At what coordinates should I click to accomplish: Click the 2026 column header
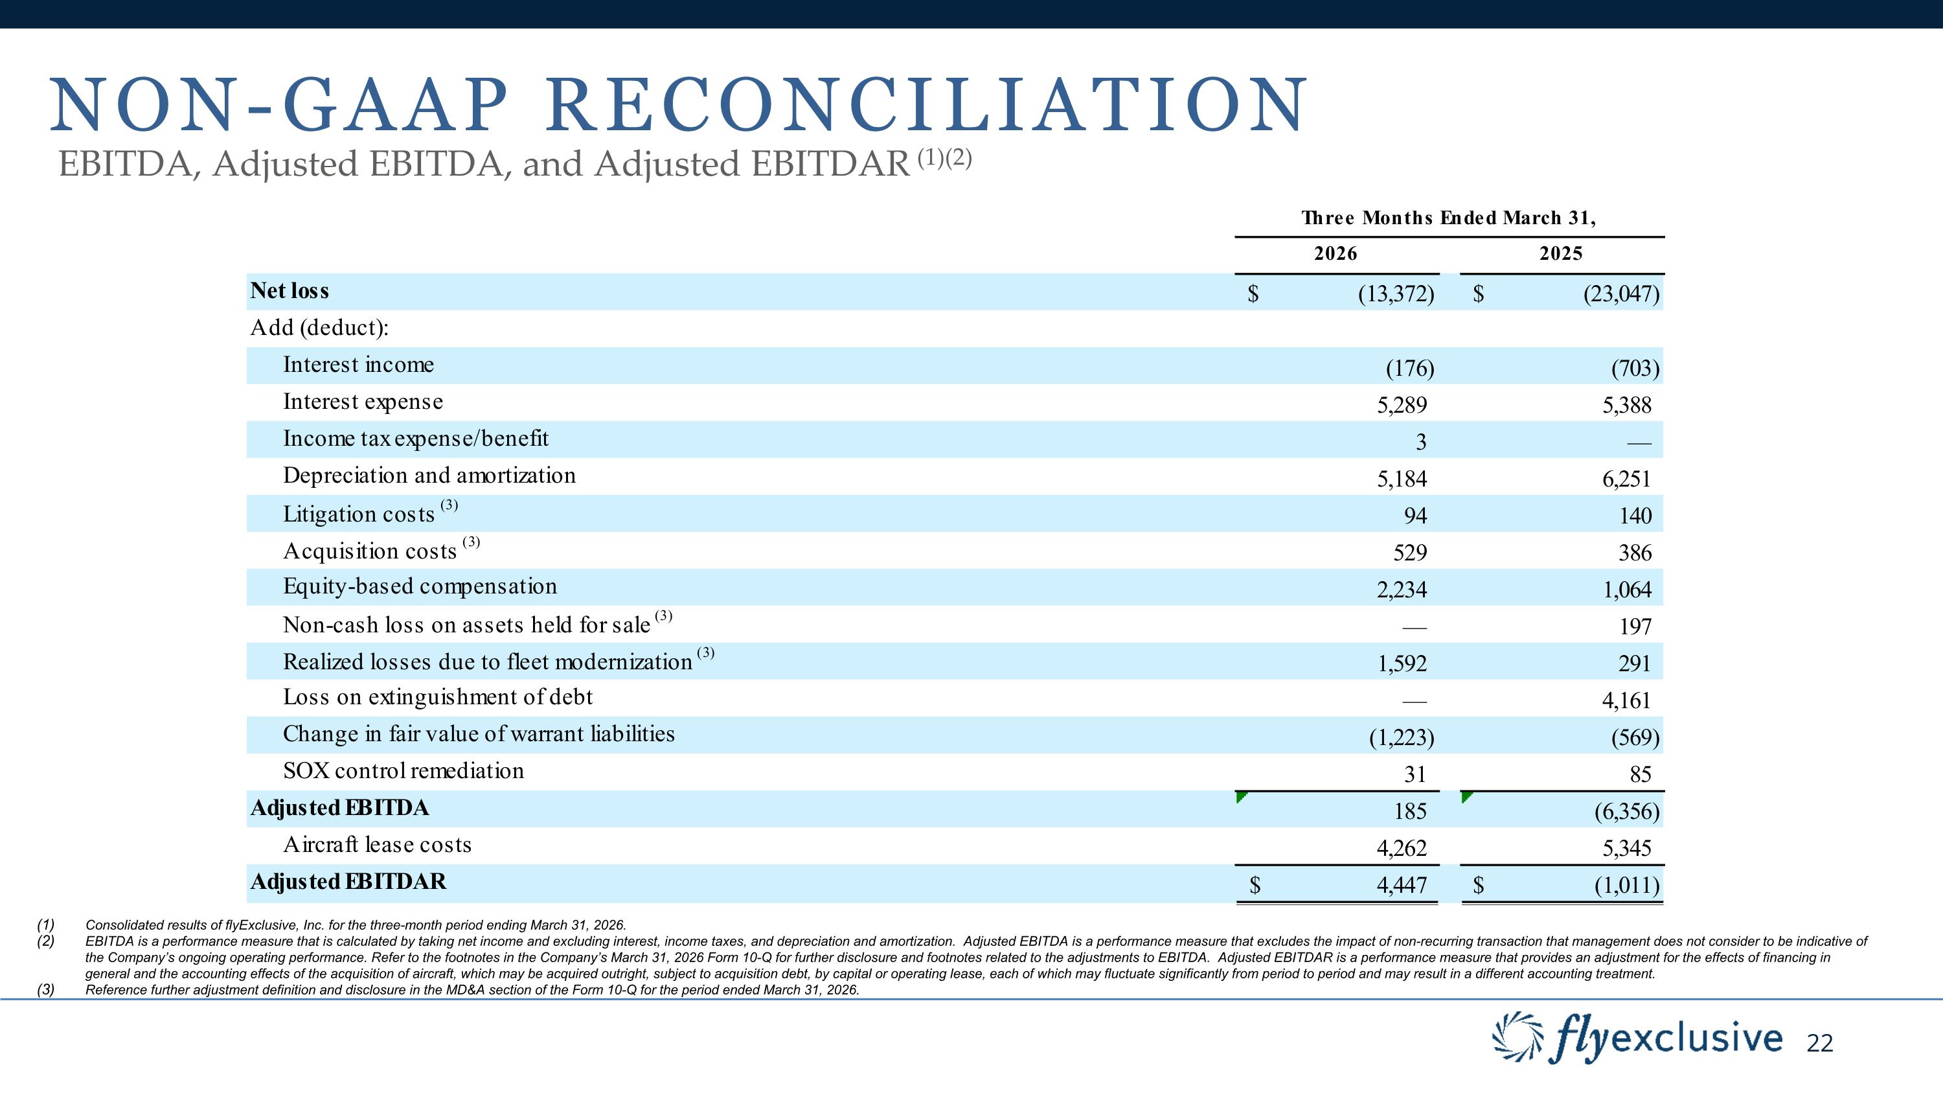coord(1335,253)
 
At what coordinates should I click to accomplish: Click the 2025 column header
coord(1561,253)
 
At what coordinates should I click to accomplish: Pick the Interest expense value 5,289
coord(1402,406)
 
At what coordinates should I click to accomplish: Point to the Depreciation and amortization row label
coord(429,475)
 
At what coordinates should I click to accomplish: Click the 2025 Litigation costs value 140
coord(1635,516)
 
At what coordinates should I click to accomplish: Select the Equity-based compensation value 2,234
coord(1402,590)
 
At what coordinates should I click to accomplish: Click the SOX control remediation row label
coord(403,771)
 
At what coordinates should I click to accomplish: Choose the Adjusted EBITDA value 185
coord(1411,812)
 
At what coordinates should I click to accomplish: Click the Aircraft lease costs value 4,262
coord(1402,849)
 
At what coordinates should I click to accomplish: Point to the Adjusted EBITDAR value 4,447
coord(1402,886)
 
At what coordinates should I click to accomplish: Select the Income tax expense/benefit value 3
coord(1421,443)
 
